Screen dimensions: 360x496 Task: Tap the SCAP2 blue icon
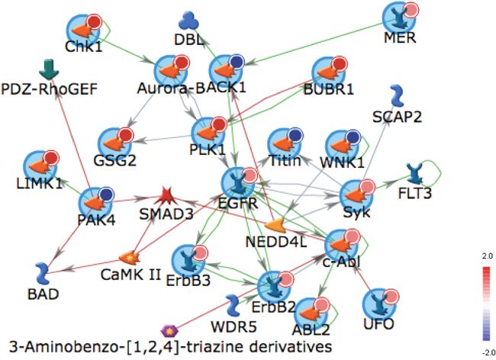(x=396, y=95)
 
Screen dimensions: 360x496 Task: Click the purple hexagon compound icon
(x=169, y=330)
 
